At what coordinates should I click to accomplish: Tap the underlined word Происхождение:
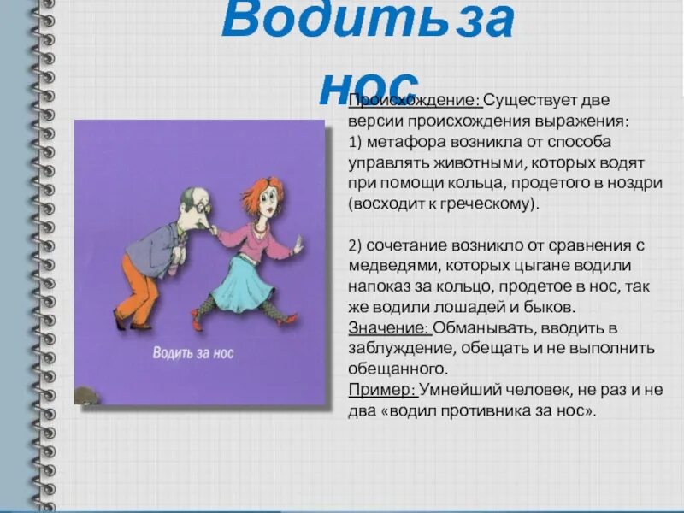tap(415, 100)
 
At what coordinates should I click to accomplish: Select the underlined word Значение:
tap(389, 327)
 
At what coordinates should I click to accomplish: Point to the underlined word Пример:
tap(382, 391)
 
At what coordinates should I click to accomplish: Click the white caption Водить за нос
tap(192, 351)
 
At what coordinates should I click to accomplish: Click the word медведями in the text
tap(395, 265)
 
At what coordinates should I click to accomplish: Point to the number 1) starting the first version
tap(356, 141)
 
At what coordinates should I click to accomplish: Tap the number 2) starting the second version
tap(356, 245)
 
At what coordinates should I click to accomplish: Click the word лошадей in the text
tap(480, 306)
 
